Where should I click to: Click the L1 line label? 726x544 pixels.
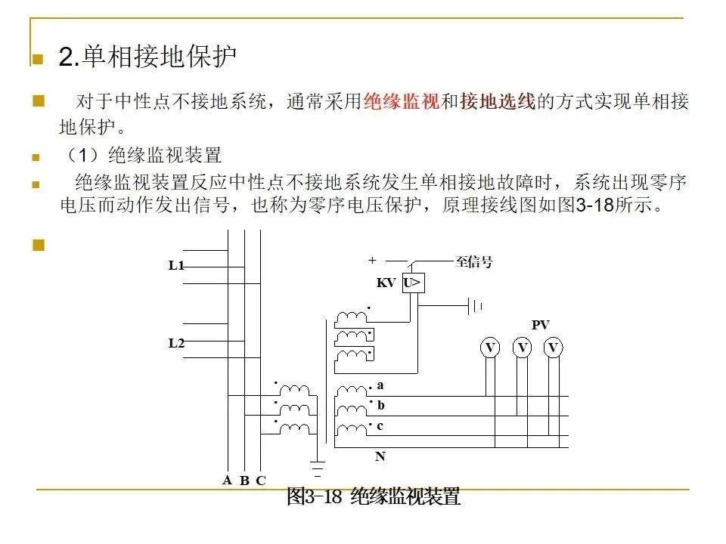point(176,266)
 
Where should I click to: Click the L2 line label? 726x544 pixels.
point(176,343)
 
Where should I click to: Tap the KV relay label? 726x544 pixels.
point(386,283)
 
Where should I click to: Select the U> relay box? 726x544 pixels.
point(413,283)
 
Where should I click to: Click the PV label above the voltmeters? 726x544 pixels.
point(540,325)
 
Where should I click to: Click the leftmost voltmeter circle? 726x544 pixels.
point(490,348)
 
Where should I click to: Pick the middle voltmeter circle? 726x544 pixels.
point(522,348)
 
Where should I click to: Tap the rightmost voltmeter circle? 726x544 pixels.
point(554,348)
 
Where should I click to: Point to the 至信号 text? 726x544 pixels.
point(474,262)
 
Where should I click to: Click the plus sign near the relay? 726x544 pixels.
point(372,260)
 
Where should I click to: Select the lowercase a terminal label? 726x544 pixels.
point(380,385)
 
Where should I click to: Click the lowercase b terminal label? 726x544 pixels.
point(380,406)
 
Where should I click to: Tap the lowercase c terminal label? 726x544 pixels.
point(380,426)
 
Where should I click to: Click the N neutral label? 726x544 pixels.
point(380,456)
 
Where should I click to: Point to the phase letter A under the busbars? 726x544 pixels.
point(227,480)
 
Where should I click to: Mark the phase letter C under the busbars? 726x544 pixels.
point(261,480)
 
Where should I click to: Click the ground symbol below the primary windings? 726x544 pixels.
point(318,464)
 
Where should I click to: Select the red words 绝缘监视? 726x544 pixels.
point(401,102)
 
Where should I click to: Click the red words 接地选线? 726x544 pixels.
point(497,102)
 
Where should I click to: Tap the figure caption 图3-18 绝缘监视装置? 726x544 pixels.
point(373,497)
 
